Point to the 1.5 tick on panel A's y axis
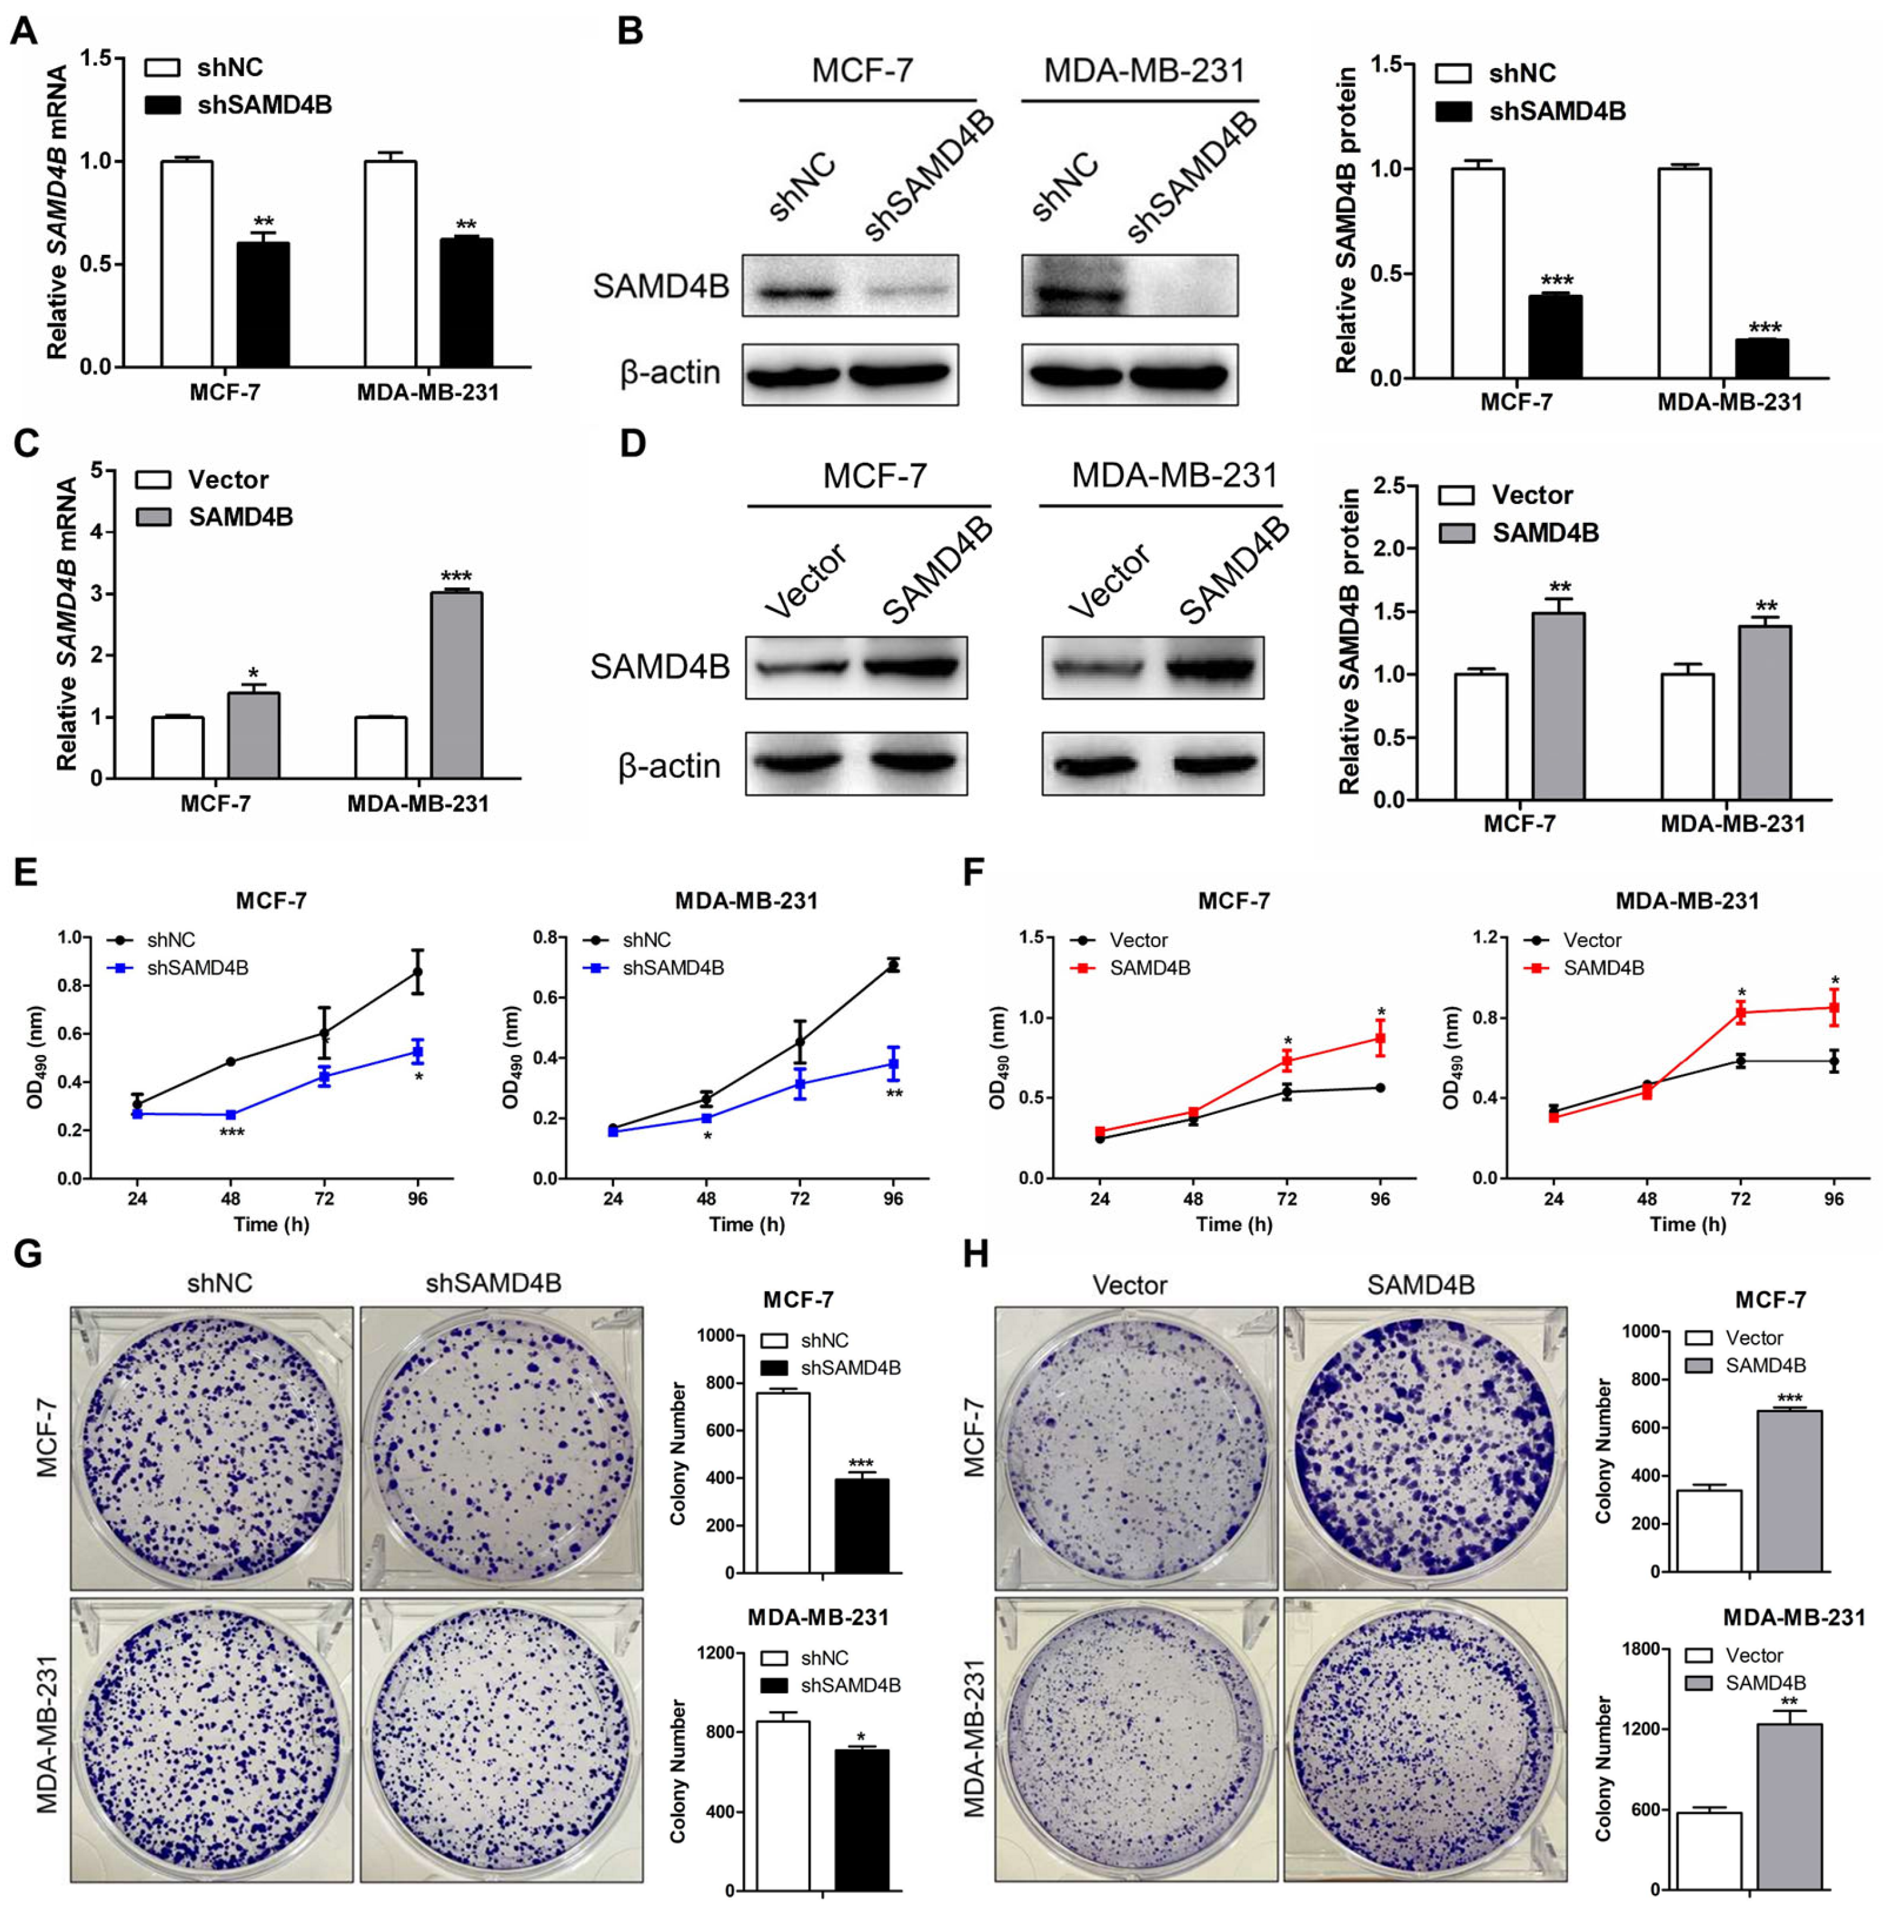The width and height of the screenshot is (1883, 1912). pos(96,57)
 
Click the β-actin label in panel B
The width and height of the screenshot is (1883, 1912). pos(669,373)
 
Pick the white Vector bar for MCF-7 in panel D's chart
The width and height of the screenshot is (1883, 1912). pos(1481,736)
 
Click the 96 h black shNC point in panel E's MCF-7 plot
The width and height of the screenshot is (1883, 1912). pos(417,972)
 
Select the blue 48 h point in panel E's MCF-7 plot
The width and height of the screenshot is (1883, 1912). pos(231,1114)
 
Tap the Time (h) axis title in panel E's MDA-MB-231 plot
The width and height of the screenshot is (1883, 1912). pos(747,1224)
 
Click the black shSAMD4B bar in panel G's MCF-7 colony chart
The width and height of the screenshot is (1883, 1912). pos(861,1525)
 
